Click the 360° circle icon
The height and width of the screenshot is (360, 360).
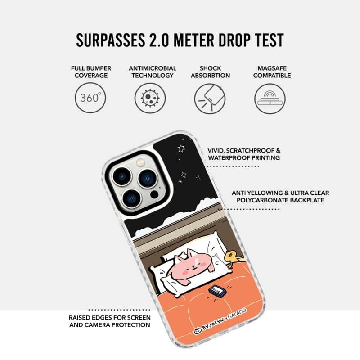[x=90, y=98]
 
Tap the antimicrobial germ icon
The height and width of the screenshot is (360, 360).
[x=150, y=98]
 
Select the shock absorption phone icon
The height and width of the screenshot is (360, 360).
[x=210, y=99]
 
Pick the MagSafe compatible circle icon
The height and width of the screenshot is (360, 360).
[x=270, y=99]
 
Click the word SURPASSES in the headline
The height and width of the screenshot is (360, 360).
[x=111, y=40]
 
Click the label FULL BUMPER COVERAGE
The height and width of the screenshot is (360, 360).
[x=91, y=72]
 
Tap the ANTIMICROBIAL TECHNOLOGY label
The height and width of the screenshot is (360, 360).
[x=153, y=72]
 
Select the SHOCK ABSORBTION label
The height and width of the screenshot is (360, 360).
[x=210, y=72]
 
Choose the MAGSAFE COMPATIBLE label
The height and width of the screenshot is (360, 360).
[x=272, y=72]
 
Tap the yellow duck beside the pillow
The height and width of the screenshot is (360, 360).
[x=234, y=258]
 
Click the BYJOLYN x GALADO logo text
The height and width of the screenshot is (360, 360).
[x=220, y=321]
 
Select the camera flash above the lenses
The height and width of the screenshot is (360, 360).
[x=140, y=162]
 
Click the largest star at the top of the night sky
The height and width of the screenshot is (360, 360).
[x=181, y=148]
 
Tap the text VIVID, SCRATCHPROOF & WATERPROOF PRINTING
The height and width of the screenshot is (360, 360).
[x=244, y=154]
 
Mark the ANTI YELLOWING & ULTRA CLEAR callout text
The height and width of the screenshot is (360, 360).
[x=280, y=197]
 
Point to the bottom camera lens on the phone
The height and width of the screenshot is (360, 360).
[x=132, y=198]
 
